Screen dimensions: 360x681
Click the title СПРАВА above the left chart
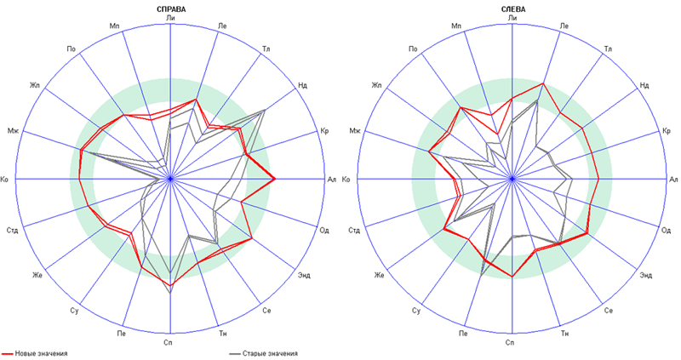[x=171, y=9]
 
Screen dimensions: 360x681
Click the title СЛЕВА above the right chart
[x=512, y=9]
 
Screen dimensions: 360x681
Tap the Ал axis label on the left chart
[x=333, y=180]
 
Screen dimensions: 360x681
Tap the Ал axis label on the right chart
[x=673, y=180]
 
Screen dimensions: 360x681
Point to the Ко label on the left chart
[x=7, y=180]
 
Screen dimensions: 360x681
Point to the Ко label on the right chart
[x=348, y=180]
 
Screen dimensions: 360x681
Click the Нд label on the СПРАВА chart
[x=303, y=85]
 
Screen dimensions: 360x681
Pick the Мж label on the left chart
[x=14, y=130]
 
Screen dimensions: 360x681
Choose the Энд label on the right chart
[x=646, y=274]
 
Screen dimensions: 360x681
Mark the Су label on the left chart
[x=75, y=310]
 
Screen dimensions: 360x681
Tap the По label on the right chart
[x=413, y=49]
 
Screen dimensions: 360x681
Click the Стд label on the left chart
[x=13, y=230]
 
